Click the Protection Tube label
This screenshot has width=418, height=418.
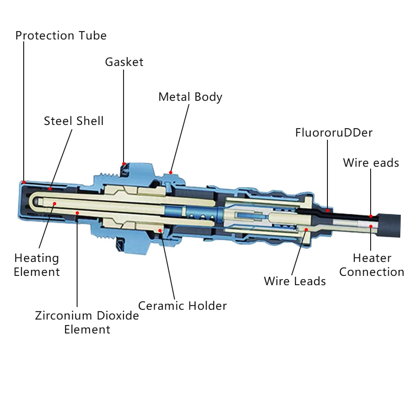coord(61,36)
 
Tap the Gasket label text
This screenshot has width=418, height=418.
coord(124,62)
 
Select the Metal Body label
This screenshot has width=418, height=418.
coord(190,97)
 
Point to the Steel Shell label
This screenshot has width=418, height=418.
coord(74,121)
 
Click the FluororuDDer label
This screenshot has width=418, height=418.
coord(334,133)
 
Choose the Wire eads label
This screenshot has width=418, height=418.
coord(371,163)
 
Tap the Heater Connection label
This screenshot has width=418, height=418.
coord(372,265)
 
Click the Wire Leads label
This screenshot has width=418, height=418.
coord(295,281)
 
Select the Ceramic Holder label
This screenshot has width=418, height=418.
coord(183,306)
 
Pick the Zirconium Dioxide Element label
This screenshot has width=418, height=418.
coord(87,322)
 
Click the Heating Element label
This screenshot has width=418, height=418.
coord(37,265)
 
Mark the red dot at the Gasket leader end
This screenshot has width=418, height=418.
coord(124,163)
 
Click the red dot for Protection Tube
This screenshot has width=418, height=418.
coord(24,182)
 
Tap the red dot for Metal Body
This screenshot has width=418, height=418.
coord(171,172)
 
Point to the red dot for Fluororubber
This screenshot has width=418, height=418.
coord(327,210)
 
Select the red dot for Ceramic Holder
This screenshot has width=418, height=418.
coord(161,229)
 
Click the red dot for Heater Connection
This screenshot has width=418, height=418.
coord(371,226)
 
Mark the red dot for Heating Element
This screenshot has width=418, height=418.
coord(54,203)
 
